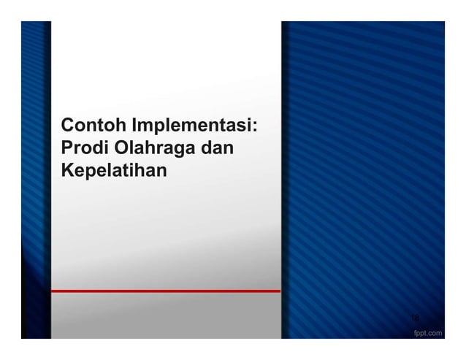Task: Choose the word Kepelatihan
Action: coord(114,173)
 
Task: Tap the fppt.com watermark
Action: coord(427,333)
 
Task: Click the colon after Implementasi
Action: coord(256,126)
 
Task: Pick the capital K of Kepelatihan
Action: coord(68,173)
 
